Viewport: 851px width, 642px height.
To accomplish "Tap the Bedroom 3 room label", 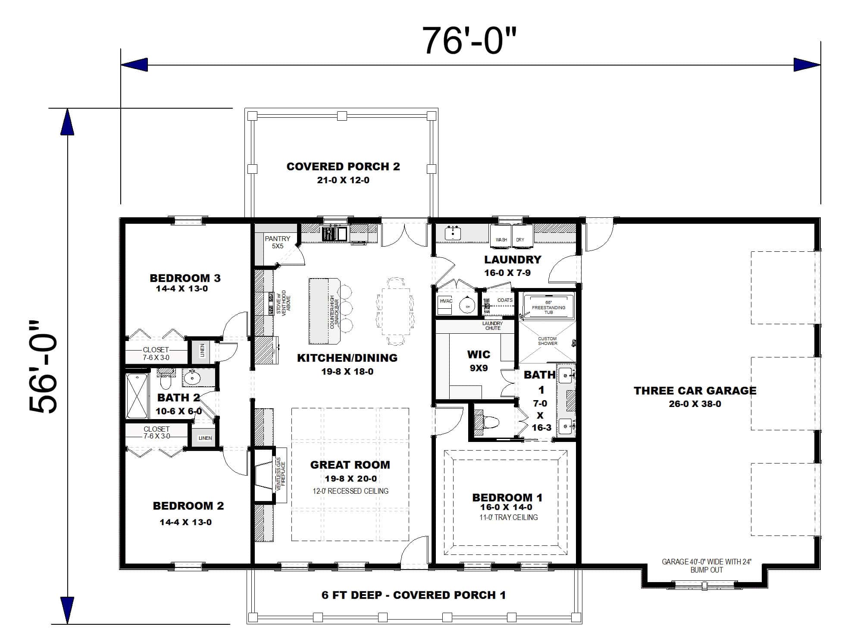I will click(x=185, y=278).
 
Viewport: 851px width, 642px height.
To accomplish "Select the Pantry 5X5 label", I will click(x=277, y=242).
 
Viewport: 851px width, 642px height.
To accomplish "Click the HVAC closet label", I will click(x=446, y=301).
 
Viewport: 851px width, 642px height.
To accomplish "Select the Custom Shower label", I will click(x=547, y=341).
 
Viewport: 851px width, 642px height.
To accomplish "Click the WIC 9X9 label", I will click(x=479, y=361).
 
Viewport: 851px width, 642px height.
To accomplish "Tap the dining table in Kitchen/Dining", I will click(x=395, y=311).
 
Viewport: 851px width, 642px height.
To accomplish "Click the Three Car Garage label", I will click(x=695, y=391).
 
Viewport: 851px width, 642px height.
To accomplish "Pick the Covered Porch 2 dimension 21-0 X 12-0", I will click(x=343, y=180).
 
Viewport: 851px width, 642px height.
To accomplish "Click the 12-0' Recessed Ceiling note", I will click(x=350, y=491).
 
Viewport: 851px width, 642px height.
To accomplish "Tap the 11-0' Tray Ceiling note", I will click(x=508, y=517).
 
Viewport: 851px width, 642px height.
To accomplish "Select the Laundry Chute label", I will click(x=492, y=326).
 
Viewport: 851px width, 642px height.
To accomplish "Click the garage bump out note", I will click(x=706, y=566).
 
